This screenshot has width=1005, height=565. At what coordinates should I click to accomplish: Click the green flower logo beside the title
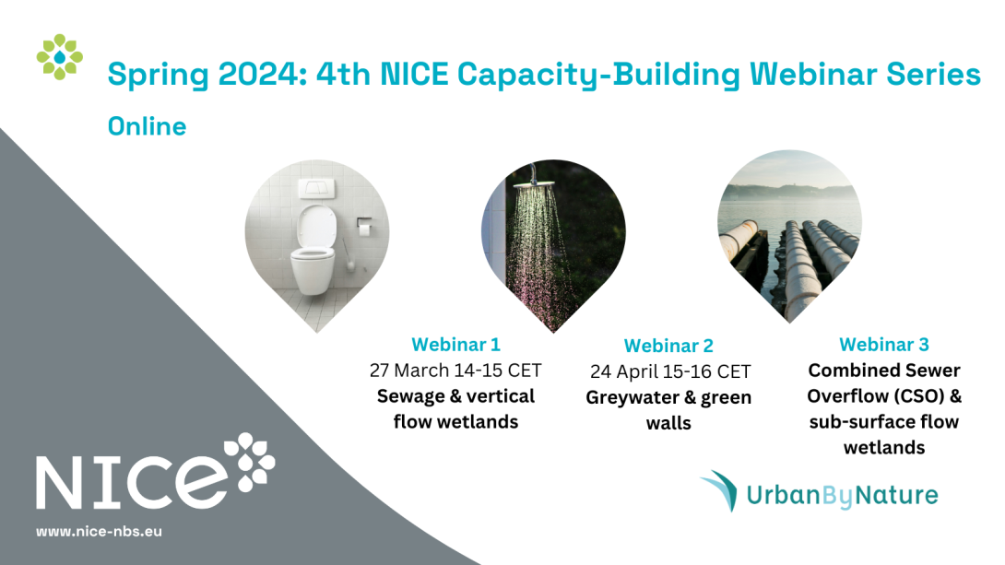[60, 57]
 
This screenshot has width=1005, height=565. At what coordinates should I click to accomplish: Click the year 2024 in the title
[257, 75]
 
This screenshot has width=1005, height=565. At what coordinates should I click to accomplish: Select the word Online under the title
[147, 126]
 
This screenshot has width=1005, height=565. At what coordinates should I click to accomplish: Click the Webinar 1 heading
[455, 345]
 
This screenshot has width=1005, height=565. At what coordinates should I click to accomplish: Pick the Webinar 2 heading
[668, 346]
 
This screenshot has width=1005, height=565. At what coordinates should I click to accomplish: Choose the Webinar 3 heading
[884, 345]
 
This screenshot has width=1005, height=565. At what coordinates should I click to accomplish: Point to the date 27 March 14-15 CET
[455, 371]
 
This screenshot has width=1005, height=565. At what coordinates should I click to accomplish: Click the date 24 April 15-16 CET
[669, 371]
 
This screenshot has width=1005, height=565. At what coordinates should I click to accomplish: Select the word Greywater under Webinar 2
[633, 397]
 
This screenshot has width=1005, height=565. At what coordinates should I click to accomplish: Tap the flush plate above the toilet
[316, 188]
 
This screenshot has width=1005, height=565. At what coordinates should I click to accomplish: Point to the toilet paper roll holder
[364, 226]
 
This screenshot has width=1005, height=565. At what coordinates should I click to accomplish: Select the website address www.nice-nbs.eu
[99, 531]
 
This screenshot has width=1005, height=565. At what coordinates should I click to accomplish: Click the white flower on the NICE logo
[249, 462]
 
